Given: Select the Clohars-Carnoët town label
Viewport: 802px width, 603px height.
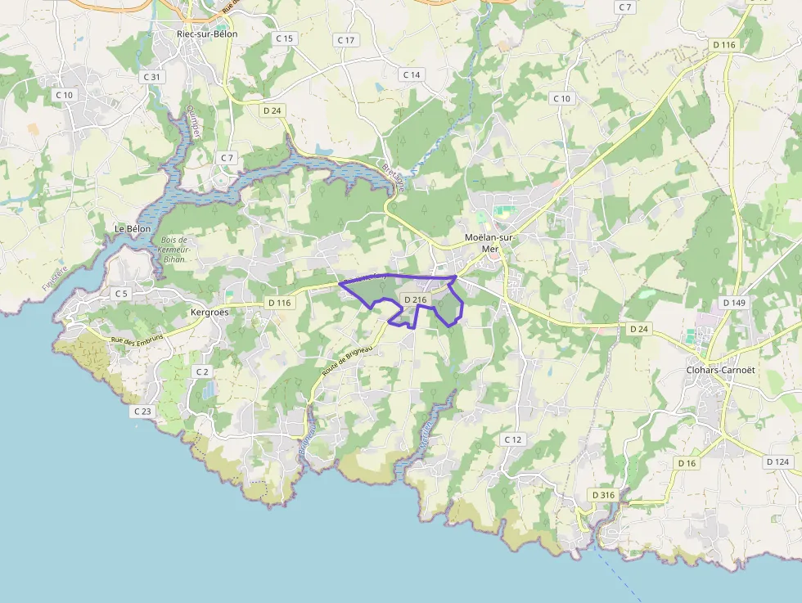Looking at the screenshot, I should pyautogui.click(x=720, y=369).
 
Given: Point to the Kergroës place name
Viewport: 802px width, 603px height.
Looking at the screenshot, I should pyautogui.click(x=210, y=313).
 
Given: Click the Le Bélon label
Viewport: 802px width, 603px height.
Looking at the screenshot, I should pyautogui.click(x=133, y=228).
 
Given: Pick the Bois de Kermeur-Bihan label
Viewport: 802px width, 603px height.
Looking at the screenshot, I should pyautogui.click(x=173, y=249).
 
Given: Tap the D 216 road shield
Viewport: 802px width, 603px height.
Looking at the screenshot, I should pyautogui.click(x=416, y=300).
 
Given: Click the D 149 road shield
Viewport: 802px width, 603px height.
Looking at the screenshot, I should pyautogui.click(x=734, y=303).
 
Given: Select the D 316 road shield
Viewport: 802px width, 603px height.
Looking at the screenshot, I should pyautogui.click(x=603, y=495).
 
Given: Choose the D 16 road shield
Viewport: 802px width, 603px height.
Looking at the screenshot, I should pyautogui.click(x=687, y=463).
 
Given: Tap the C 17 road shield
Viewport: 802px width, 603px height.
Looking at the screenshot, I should pyautogui.click(x=346, y=40).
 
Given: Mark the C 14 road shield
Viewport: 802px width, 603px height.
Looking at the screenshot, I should pyautogui.click(x=411, y=74).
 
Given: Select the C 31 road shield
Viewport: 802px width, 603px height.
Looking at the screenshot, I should pyautogui.click(x=152, y=77).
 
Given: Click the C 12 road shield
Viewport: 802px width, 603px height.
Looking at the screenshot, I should pyautogui.click(x=513, y=439).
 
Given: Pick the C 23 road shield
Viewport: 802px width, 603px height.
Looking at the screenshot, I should pyautogui.click(x=142, y=411).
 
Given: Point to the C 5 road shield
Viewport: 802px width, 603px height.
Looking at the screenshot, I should pyautogui.click(x=121, y=293).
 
